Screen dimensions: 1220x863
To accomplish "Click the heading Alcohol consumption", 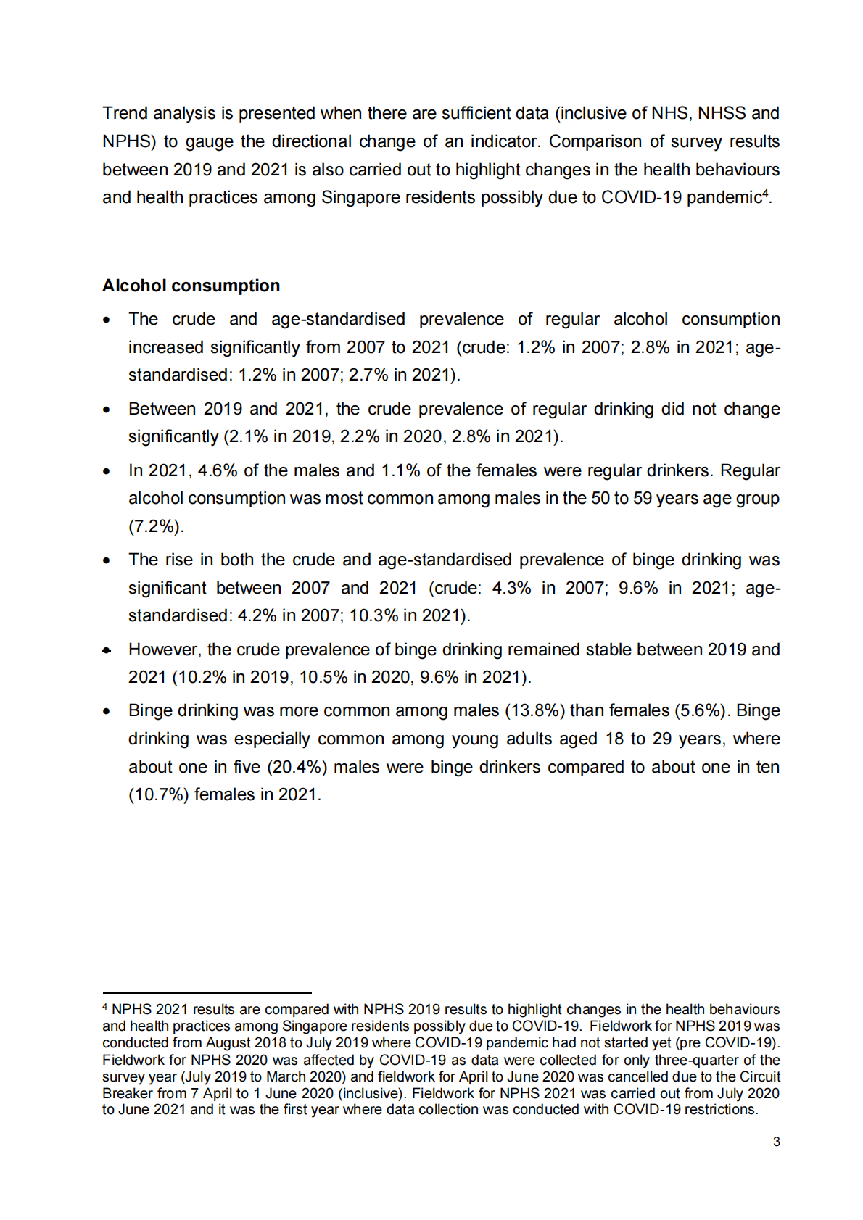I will coord(191,286).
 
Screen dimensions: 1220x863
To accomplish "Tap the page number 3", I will coord(776,1142).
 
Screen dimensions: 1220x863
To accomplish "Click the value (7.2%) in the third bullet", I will coord(155,526).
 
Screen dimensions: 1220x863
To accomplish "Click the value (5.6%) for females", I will coord(702,710).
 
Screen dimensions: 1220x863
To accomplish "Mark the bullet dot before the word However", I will coord(107,650).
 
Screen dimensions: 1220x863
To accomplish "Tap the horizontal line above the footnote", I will coord(207,992).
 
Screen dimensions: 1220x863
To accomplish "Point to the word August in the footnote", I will coord(228,1042).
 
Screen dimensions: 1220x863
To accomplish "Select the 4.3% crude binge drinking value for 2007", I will coord(511,588).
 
